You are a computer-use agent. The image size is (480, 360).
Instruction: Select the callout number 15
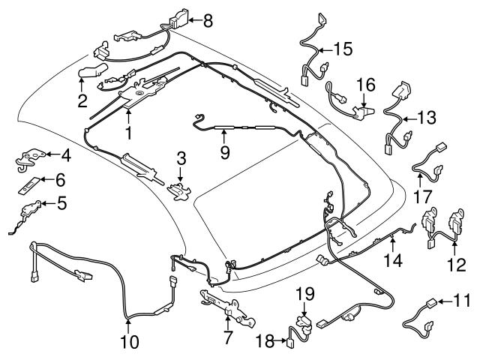coord(343,50)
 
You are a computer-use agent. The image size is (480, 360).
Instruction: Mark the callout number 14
coord(394,260)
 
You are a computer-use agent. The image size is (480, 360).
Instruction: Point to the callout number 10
coord(128,343)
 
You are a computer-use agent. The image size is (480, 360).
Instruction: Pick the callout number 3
coord(181,157)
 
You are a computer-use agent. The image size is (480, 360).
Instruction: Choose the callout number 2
coord(82,98)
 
